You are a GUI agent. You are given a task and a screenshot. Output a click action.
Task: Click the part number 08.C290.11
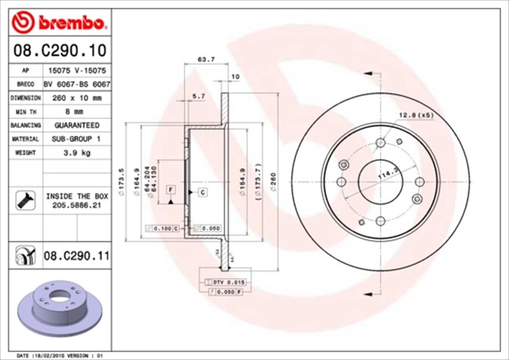click(x=76, y=256)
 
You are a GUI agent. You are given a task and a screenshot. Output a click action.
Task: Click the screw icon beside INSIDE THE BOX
click(x=21, y=199)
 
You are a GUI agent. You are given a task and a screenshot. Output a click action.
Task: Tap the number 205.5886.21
click(x=76, y=204)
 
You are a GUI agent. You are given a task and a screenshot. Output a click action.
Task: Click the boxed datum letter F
click(x=170, y=189)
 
